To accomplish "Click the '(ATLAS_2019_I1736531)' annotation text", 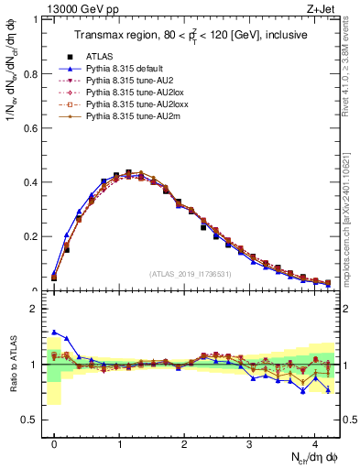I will (x=190, y=274).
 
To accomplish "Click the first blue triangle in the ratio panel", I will (x=54, y=333).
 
